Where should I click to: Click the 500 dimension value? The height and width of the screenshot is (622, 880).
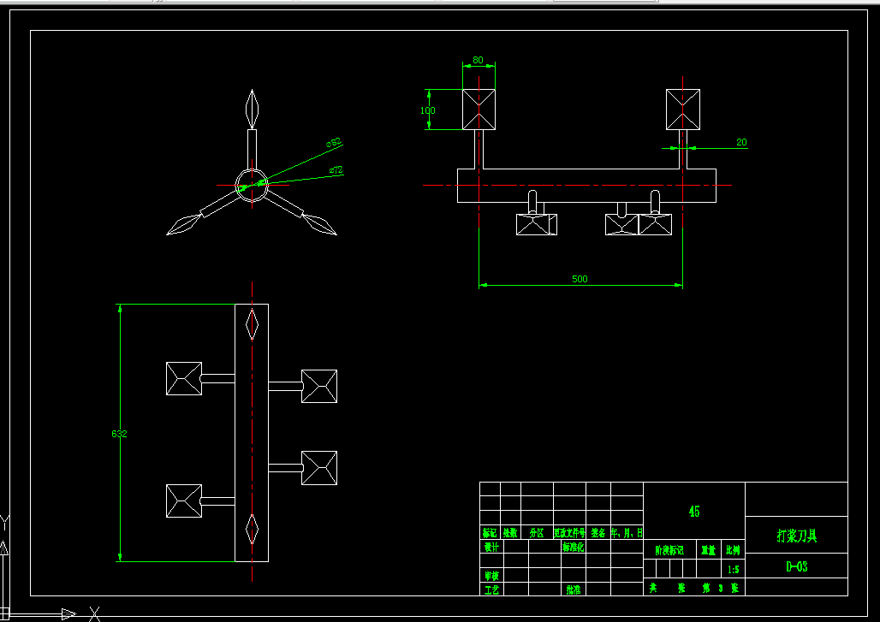580,279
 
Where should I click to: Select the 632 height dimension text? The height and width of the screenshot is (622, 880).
119,434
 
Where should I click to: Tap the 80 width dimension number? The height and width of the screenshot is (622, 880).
478,60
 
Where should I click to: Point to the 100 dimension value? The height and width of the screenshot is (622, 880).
428,110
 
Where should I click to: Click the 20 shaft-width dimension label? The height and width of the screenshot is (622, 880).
740,142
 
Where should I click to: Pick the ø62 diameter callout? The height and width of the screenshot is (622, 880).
334,142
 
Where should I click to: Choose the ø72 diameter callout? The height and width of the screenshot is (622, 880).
336,171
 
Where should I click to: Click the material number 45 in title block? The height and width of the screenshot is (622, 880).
694,511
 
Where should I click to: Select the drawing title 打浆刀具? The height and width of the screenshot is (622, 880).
796,536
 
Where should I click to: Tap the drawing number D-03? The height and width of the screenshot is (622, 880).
796,566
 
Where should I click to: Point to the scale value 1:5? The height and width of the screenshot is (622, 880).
733,569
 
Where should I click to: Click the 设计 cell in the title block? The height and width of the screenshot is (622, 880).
491,547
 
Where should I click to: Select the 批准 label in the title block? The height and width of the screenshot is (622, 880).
573,589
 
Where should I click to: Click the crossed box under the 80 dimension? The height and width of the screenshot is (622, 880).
479,110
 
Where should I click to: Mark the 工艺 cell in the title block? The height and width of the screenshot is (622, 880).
491,589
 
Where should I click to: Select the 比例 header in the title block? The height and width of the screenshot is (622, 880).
733,550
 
